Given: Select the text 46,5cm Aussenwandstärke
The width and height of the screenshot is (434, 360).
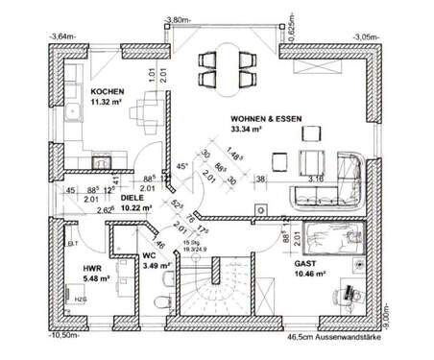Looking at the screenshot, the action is (333, 339).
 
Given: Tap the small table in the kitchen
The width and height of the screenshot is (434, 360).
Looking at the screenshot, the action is (148, 107).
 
